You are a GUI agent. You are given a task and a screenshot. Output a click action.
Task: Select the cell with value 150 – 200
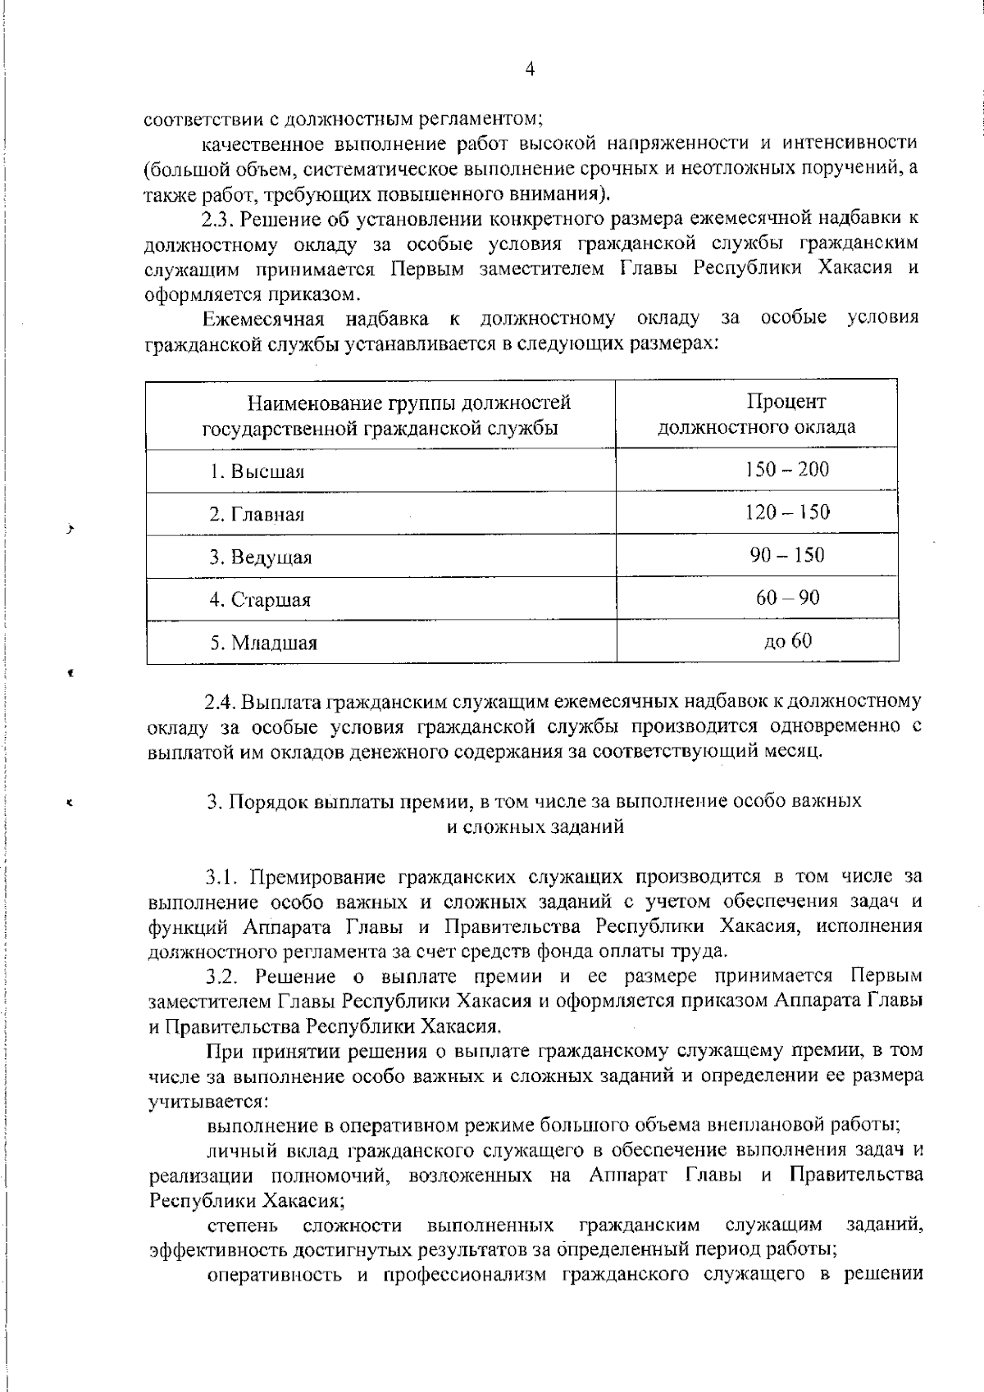point(786,470)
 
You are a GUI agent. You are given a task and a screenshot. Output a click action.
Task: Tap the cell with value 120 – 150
point(786,513)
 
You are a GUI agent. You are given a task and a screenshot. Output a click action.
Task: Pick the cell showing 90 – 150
point(786,556)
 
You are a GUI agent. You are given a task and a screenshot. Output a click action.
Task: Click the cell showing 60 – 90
point(786,598)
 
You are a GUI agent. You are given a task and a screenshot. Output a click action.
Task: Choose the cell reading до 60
point(787,640)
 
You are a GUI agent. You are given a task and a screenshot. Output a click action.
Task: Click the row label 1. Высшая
point(257,472)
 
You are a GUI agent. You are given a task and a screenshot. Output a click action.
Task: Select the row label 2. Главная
point(257,515)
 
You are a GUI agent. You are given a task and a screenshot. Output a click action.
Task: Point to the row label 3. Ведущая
point(260,558)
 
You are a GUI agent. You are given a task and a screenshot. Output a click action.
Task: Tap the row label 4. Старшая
point(260,600)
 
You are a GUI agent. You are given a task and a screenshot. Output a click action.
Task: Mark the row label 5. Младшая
point(262,643)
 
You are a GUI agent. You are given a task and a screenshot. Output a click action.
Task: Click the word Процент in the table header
point(786,402)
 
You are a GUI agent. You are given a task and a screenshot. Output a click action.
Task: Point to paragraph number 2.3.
point(217,219)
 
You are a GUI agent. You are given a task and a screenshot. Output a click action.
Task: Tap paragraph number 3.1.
point(221,878)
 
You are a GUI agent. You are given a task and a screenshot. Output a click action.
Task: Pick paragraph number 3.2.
point(222,976)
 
